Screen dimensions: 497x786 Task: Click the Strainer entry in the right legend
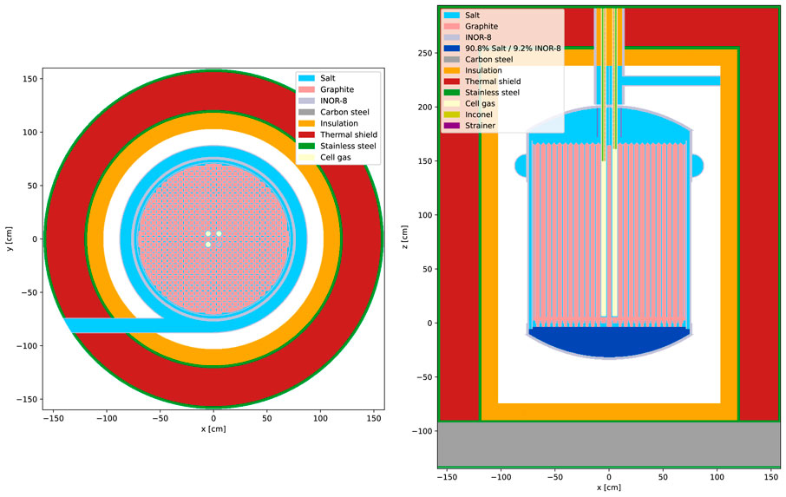click(480, 126)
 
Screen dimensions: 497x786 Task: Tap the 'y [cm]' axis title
click(8, 239)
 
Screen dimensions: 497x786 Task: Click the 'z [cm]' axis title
click(406, 239)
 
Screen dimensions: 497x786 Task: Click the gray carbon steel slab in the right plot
click(607, 444)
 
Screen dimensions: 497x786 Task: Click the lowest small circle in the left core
click(208, 245)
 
